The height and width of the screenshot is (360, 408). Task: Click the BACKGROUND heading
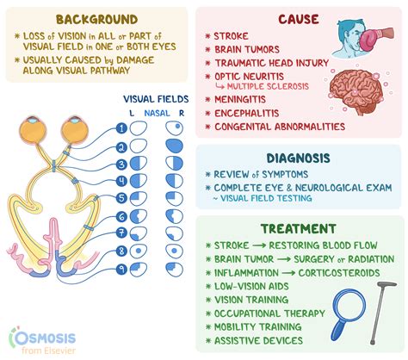tap(96, 18)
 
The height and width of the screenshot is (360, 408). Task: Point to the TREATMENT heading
tap(299, 229)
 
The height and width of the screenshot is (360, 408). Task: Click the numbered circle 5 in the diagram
tap(122, 197)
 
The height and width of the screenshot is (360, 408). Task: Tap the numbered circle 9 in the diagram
tap(122, 269)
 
